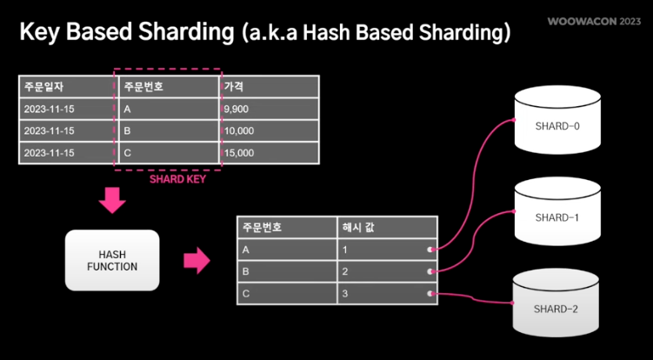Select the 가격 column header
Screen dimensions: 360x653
pyautogui.click(x=233, y=87)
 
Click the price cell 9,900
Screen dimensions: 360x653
pyautogui.click(x=237, y=109)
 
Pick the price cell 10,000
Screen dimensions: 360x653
pyautogui.click(x=239, y=130)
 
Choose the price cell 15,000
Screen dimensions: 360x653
pyautogui.click(x=239, y=152)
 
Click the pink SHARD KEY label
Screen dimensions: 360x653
pyautogui.click(x=177, y=181)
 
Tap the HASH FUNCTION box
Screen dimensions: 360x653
pyautogui.click(x=112, y=260)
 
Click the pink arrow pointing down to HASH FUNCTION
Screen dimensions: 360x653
pyautogui.click(x=112, y=201)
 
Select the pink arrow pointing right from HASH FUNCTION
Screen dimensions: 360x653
pyautogui.click(x=197, y=259)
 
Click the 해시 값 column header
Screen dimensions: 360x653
pyautogui.click(x=358, y=227)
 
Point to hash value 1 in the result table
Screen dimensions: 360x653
pyautogui.click(x=346, y=250)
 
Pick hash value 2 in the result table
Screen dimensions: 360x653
pyautogui.click(x=346, y=271)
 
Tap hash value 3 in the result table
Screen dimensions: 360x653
pyautogui.click(x=346, y=293)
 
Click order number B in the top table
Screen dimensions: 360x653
pyautogui.click(x=128, y=130)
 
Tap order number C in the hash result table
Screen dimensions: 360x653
pyautogui.click(x=247, y=293)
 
